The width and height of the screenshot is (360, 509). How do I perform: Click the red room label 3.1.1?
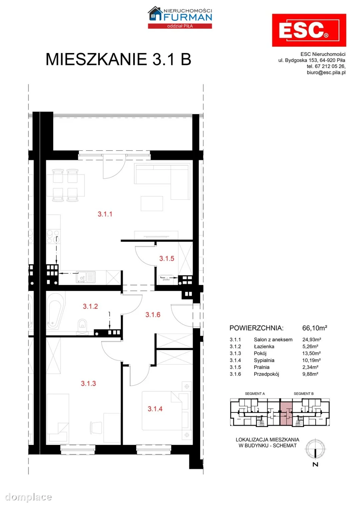tap(105, 214)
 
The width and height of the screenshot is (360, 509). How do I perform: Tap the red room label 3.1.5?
tap(167, 258)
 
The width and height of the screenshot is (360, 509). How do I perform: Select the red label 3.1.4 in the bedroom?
tap(155, 409)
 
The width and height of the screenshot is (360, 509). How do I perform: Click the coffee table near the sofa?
tap(152, 204)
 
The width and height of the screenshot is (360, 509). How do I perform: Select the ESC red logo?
tap(309, 30)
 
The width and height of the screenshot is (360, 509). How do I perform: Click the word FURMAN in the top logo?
tap(188, 17)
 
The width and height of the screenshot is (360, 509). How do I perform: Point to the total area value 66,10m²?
tap(315, 328)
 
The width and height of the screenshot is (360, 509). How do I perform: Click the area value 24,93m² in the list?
tap(312, 339)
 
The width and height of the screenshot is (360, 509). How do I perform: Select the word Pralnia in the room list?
tap(262, 367)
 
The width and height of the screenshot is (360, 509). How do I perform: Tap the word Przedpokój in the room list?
tap(266, 374)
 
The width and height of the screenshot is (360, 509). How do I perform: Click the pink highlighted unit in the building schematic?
tap(286, 413)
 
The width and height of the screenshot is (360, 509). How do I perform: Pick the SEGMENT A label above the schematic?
tap(255, 394)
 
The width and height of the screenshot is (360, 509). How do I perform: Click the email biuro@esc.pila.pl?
tap(326, 73)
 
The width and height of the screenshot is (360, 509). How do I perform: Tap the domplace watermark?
tap(28, 497)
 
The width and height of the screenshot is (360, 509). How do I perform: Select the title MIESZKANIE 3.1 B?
tap(118, 60)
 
